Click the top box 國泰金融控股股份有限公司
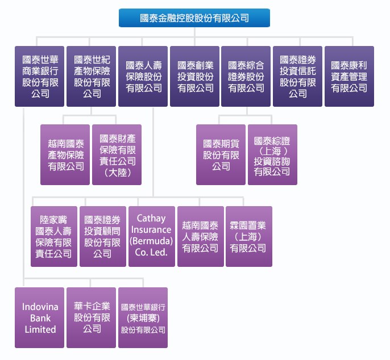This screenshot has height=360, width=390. point(194,18)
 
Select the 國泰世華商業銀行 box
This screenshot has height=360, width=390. point(40,76)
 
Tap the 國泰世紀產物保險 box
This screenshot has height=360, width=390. point(92,76)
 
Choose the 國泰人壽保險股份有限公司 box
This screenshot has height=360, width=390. point(143,76)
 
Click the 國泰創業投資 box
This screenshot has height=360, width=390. point(195,76)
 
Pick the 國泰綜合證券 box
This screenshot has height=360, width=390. point(246,76)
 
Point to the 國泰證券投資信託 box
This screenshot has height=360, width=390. point(297,76)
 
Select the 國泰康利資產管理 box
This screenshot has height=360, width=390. point(349,76)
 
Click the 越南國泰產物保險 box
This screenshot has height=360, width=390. point(65,154)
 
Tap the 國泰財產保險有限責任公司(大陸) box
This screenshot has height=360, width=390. point(117,154)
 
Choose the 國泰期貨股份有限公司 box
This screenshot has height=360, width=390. point(221,154)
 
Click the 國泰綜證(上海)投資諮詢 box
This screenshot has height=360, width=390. point(272,154)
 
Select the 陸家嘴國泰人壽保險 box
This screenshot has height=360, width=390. point(54,236)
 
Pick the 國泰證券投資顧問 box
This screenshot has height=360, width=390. point(103,236)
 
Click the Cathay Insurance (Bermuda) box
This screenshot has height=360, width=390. point(151,236)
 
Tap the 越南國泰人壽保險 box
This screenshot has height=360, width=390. point(200,236)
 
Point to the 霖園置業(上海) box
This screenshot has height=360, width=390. point(248,236)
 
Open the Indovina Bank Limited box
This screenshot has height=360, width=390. point(40,317)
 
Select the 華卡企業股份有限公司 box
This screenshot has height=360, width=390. point(92,317)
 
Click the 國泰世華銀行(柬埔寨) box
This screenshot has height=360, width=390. point(143,317)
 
